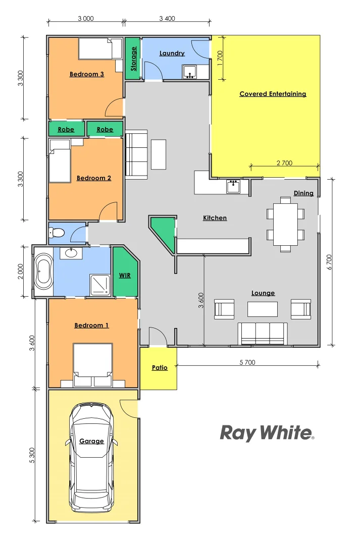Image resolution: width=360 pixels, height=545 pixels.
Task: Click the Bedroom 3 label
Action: pyautogui.click(x=86, y=74)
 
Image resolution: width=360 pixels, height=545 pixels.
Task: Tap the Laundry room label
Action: pyautogui.click(x=172, y=53)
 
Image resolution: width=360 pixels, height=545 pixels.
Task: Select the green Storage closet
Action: pyautogui.click(x=133, y=59)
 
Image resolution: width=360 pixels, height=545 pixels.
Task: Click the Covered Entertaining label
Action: pyautogui.click(x=273, y=94)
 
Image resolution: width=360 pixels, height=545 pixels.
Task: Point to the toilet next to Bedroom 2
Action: pyautogui.click(x=57, y=233)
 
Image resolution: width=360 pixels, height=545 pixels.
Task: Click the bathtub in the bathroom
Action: pyautogui.click(x=43, y=271)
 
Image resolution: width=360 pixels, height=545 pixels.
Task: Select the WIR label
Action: pyautogui.click(x=125, y=276)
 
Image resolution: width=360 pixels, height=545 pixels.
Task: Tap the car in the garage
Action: pyautogui.click(x=91, y=457)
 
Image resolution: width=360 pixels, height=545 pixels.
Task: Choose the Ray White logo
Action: pyautogui.click(x=267, y=432)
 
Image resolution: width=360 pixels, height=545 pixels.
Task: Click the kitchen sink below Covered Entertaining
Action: pyautogui.click(x=233, y=186)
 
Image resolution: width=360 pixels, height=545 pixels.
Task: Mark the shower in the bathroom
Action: pyautogui.click(x=99, y=284)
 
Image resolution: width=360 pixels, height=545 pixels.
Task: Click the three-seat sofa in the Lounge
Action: pyautogui.click(x=263, y=333)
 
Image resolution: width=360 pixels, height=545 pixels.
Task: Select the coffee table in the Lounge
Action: pyautogui.click(x=263, y=309)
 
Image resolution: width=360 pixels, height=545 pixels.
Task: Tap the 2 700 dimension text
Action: pyautogui.click(x=284, y=163)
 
